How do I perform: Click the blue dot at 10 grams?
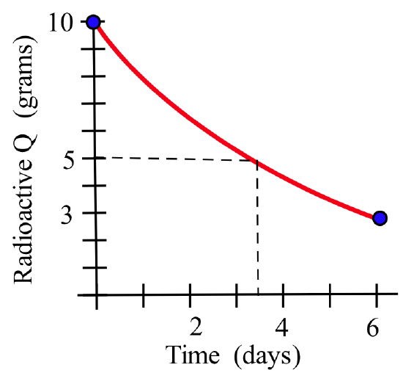click(93, 22)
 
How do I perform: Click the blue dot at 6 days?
click(379, 218)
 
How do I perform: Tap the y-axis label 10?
click(62, 23)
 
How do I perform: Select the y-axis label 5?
click(72, 159)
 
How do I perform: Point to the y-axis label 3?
click(72, 214)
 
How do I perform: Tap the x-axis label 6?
click(374, 325)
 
